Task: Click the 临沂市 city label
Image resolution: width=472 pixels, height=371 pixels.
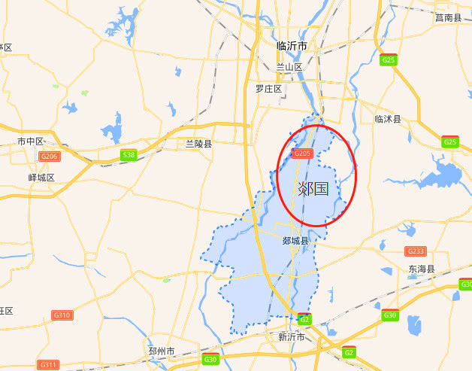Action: (x=292, y=46)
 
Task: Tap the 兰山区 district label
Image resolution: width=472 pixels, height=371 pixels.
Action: (x=289, y=67)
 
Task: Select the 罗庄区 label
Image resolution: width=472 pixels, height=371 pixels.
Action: (x=268, y=89)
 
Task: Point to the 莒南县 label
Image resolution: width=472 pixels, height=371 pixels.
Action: (x=448, y=17)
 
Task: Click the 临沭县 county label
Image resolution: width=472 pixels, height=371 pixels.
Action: (x=388, y=119)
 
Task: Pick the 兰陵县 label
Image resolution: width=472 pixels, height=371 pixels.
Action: (x=199, y=143)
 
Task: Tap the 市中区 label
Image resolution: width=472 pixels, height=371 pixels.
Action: (x=31, y=141)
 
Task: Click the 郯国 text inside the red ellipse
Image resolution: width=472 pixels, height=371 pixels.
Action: (x=313, y=188)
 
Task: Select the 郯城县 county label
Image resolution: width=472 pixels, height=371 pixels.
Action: (x=295, y=241)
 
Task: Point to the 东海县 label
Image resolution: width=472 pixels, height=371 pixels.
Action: (x=421, y=269)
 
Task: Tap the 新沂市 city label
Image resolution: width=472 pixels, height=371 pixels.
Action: (x=292, y=336)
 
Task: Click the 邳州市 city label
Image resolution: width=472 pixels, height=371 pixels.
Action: (x=162, y=351)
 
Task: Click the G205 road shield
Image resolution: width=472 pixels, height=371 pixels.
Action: (x=302, y=154)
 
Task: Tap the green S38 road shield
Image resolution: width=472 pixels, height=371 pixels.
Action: (x=129, y=155)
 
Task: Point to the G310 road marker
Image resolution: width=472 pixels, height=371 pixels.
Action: (x=62, y=315)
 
